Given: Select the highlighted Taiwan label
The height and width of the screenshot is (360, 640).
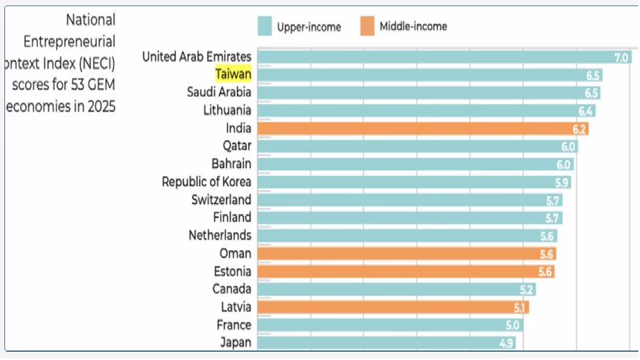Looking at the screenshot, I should tap(233, 74).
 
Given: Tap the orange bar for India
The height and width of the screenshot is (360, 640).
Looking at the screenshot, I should tap(422, 129).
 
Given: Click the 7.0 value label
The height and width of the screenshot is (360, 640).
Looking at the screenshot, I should tap(621, 57).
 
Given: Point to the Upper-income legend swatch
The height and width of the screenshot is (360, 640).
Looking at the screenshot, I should tap(264, 26).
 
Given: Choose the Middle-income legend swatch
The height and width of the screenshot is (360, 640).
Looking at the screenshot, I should tap(367, 26).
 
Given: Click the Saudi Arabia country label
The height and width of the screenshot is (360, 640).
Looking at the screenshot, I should tap(219, 92).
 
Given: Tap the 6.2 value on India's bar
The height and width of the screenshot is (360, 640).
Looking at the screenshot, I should tap(579, 129).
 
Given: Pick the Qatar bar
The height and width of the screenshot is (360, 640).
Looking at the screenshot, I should tap(417, 147).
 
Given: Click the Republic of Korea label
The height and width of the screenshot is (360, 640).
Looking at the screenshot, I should tap(206, 182).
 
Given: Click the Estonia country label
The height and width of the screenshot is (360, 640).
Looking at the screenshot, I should tap(232, 272).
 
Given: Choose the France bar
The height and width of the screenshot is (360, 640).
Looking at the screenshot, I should tap(389, 325).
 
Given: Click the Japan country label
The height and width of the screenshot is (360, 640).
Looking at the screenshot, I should tap(236, 343).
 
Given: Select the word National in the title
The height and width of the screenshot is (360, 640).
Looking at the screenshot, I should tap(91, 20).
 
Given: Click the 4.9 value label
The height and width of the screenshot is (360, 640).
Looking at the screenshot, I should tap(506, 343).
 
